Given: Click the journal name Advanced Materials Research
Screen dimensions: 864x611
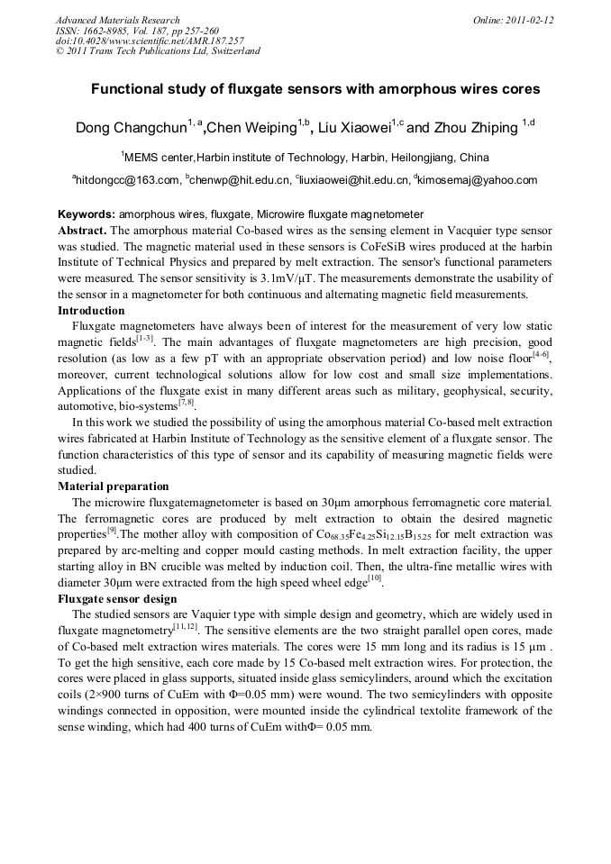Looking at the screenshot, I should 117,20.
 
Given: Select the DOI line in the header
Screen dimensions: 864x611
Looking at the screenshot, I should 150,41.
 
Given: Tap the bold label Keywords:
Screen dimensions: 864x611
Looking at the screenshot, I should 87,214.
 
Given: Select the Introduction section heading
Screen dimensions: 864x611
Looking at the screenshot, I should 91,311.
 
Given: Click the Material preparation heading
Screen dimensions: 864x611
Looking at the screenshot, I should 113,486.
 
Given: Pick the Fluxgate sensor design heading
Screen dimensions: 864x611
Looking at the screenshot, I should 117,598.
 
